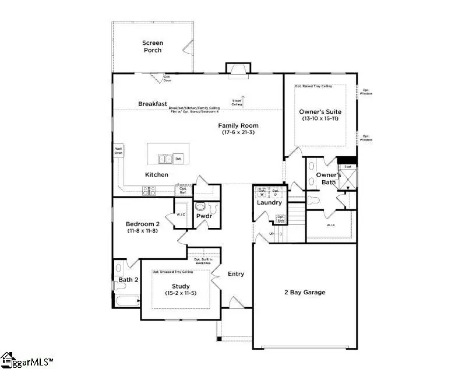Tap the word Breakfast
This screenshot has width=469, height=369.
click(x=153, y=104)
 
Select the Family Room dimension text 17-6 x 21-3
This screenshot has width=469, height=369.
click(x=238, y=133)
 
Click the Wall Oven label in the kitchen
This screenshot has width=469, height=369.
click(x=118, y=150)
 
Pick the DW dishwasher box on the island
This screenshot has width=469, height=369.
click(x=178, y=159)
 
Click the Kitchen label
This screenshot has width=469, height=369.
click(x=157, y=175)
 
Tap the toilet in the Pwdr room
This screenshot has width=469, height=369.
click(x=201, y=207)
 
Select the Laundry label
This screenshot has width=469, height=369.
click(x=270, y=202)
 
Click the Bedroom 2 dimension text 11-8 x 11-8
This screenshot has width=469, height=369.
click(x=142, y=231)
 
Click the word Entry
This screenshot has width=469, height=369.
click(x=236, y=274)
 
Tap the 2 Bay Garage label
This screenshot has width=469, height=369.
click(x=305, y=292)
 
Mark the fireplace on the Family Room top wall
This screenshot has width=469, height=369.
click(x=238, y=69)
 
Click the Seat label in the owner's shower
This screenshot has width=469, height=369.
click(x=347, y=166)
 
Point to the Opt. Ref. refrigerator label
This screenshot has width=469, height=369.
click(x=184, y=190)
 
